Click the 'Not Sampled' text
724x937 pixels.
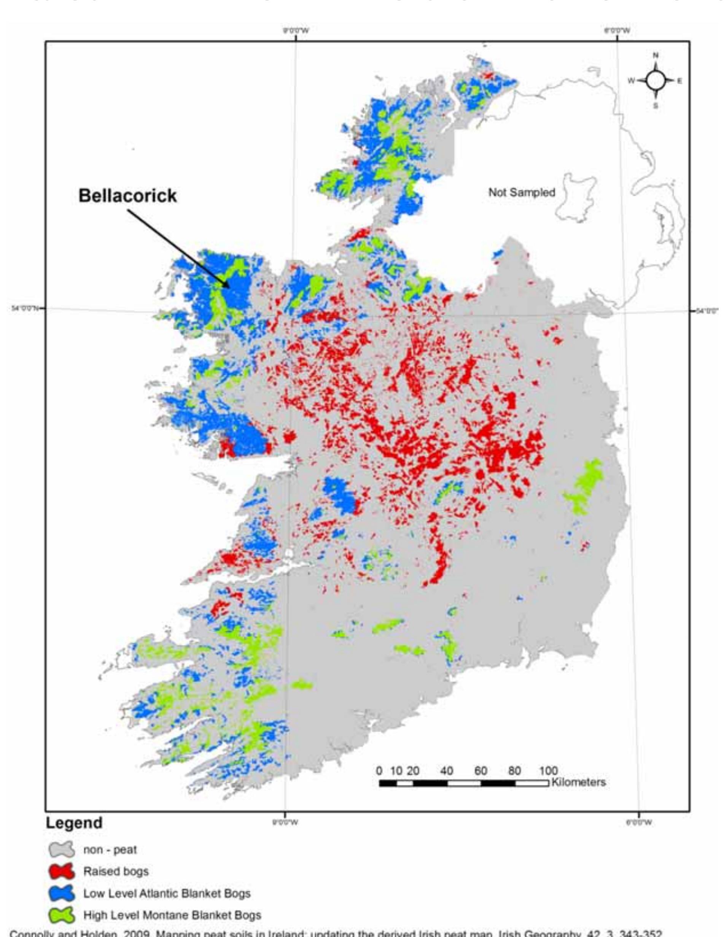(x=522, y=193)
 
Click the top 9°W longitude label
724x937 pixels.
(x=295, y=30)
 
